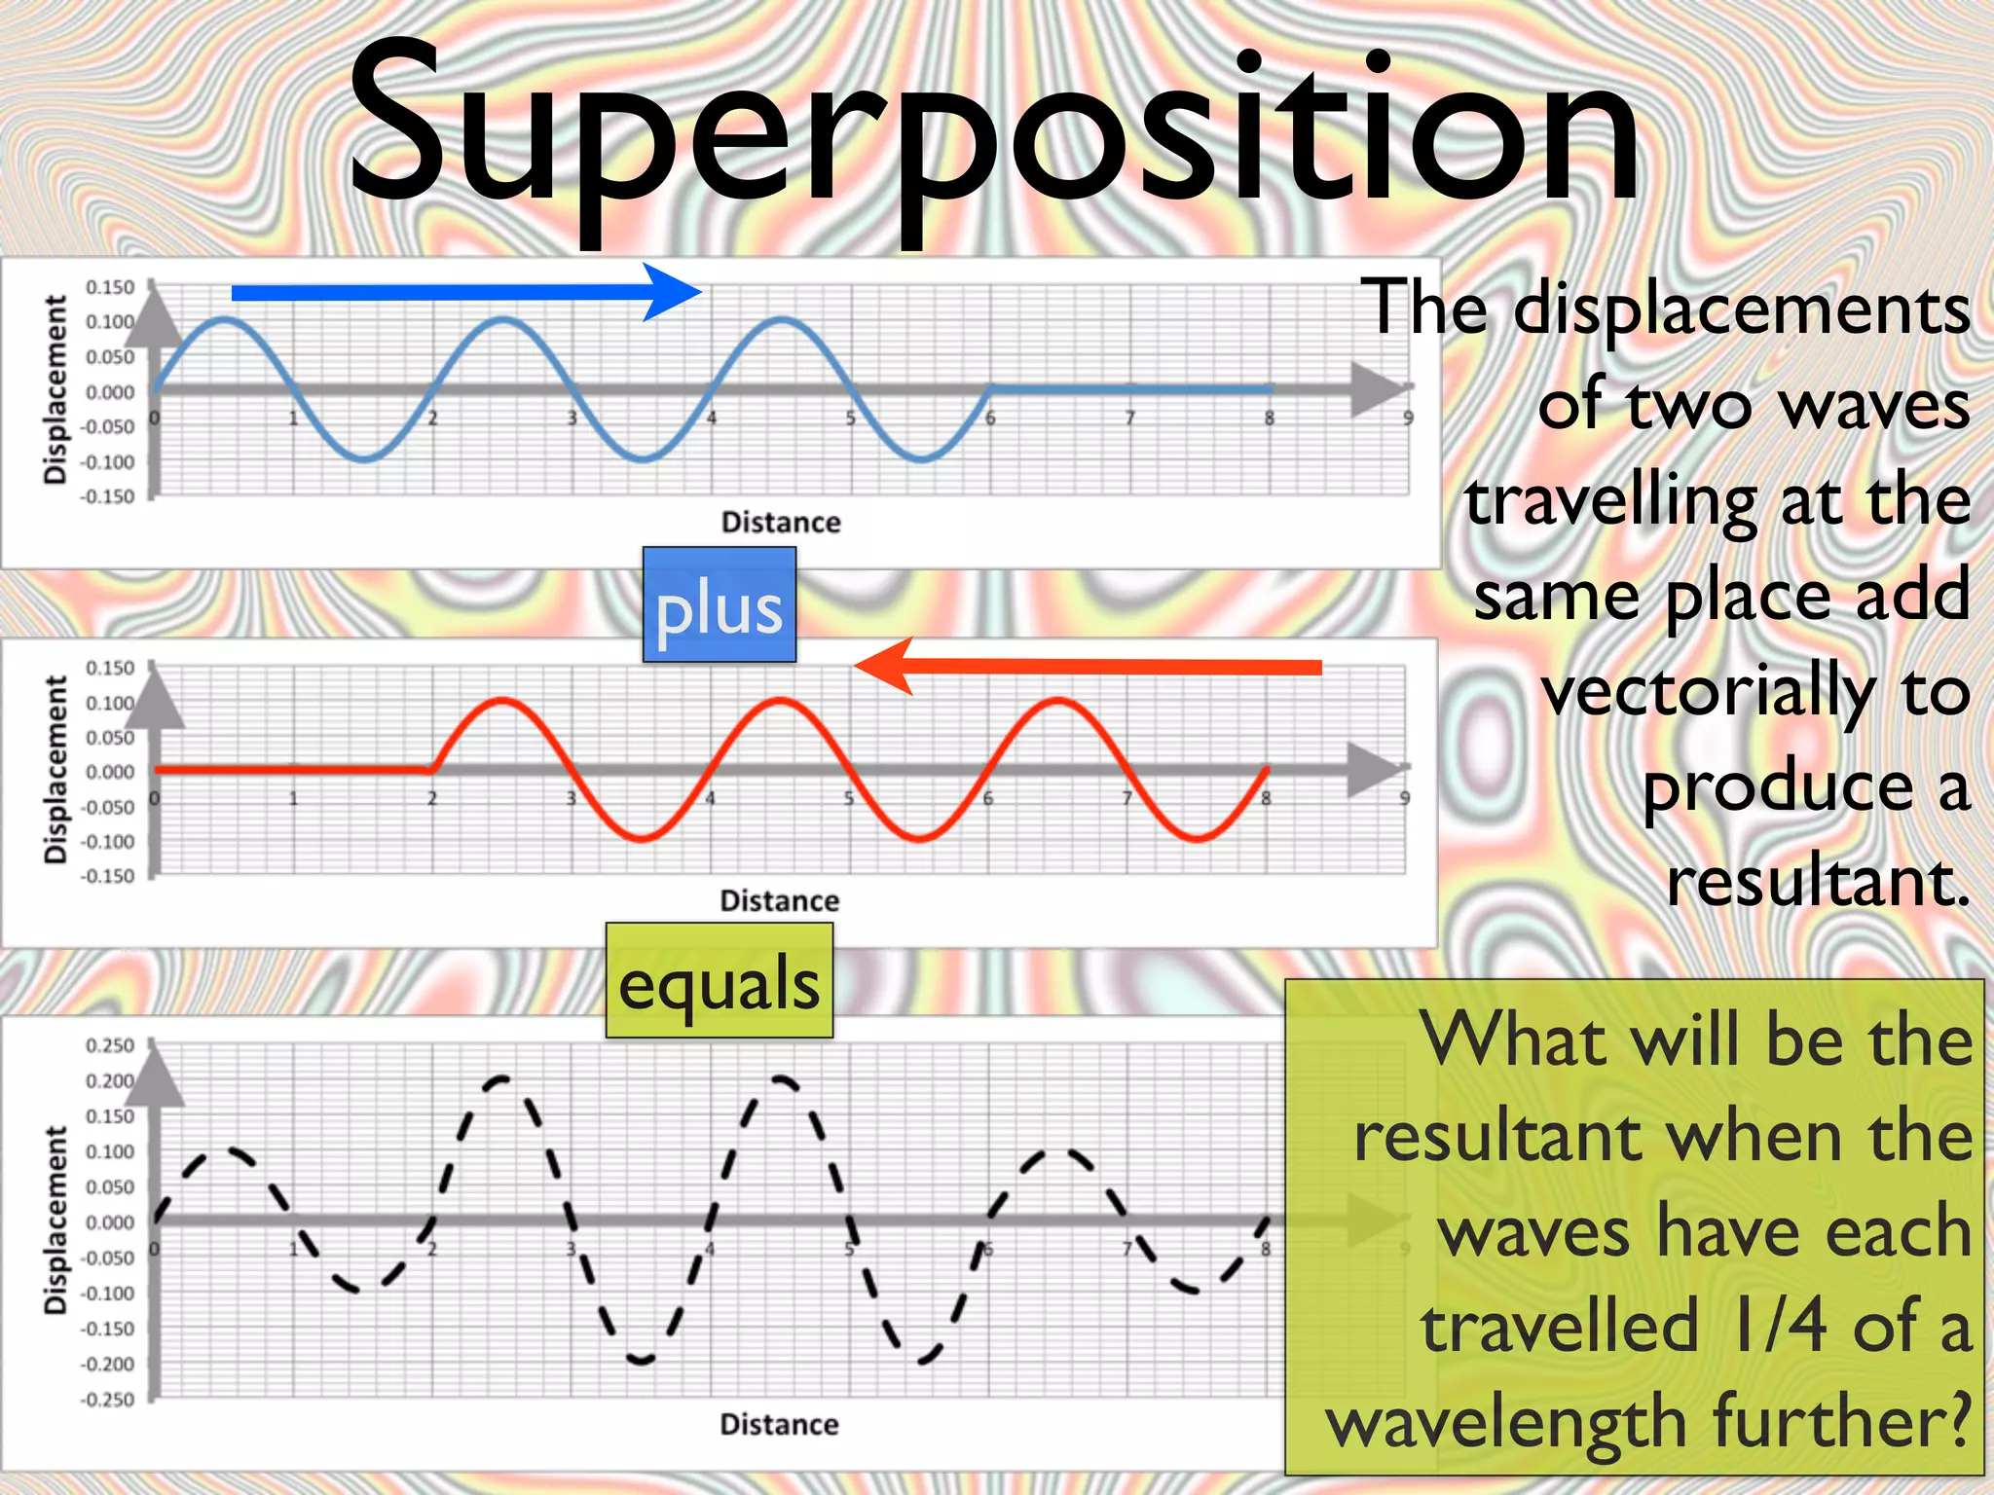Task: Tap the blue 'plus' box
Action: pos(720,605)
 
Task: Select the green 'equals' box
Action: pos(720,981)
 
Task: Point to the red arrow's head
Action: pos(881,667)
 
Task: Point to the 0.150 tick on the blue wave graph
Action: pos(110,287)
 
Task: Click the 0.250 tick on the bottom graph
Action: pos(110,1046)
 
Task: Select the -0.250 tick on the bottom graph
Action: pos(108,1400)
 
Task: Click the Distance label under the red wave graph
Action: pos(779,901)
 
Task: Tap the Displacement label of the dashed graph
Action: pos(56,1221)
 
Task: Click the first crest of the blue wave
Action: pos(225,319)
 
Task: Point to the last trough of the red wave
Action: pos(1198,839)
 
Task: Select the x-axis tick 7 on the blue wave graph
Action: pos(1129,419)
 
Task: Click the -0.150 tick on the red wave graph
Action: pos(108,876)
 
